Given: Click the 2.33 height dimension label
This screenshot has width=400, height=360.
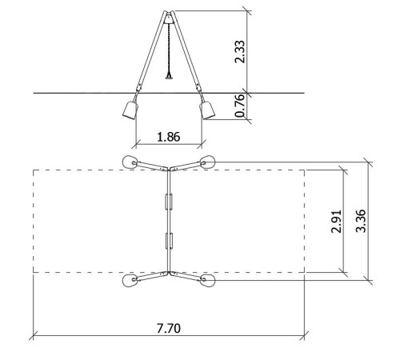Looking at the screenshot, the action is click(239, 52).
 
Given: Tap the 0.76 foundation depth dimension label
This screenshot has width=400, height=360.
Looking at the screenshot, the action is click(239, 106).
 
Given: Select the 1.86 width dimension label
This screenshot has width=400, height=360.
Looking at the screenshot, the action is click(169, 137).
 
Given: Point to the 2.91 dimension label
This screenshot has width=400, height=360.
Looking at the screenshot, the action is click(336, 222).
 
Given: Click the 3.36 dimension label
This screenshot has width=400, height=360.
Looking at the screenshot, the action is click(361, 221).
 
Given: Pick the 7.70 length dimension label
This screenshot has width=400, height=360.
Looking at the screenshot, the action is click(169, 328).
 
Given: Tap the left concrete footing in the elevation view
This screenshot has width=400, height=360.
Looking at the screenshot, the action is click(130, 110).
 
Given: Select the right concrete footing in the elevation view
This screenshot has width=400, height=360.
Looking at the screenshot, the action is click(207, 110).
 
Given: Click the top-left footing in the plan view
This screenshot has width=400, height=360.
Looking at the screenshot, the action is click(130, 162).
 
